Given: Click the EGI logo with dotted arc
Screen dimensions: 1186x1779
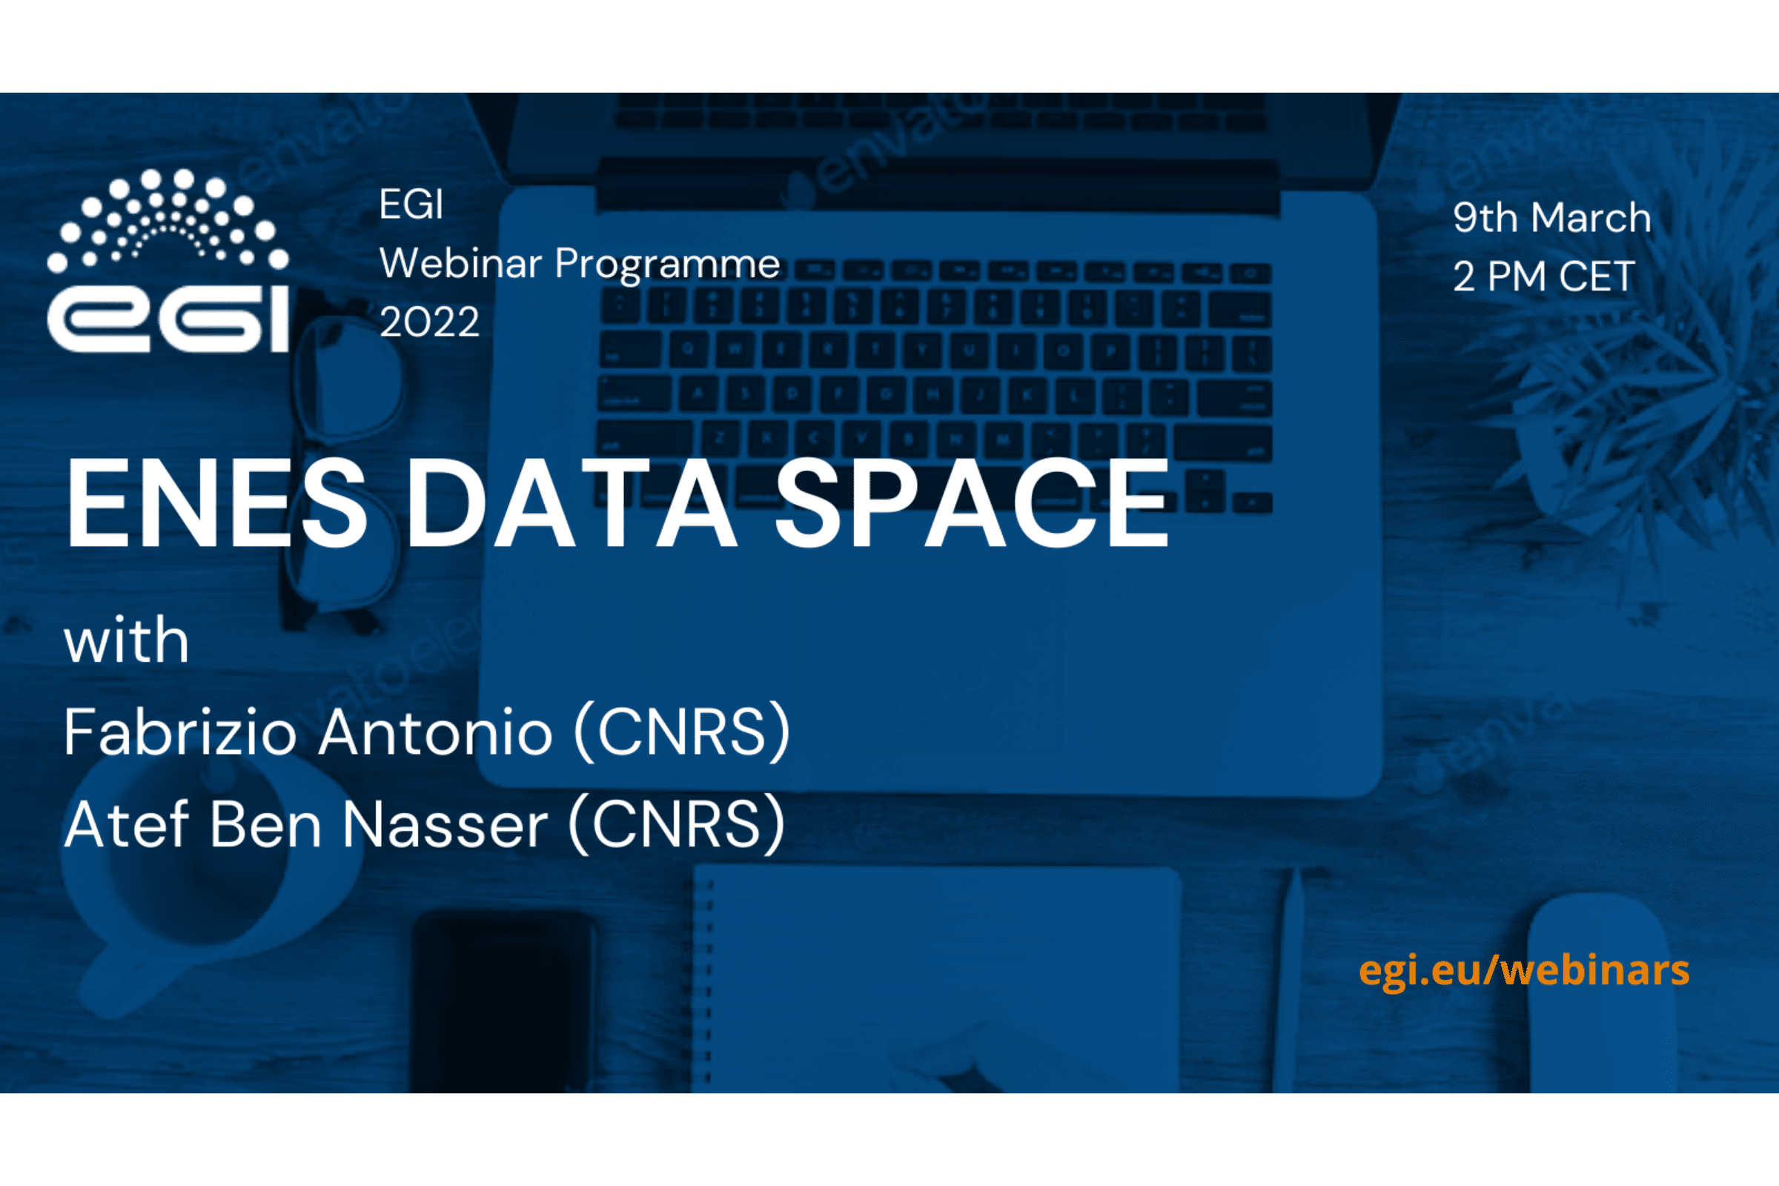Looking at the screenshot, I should pos(168,261).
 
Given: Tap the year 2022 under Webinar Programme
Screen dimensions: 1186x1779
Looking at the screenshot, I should pos(429,322).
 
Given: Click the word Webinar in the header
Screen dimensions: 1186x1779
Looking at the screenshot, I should pos(460,263).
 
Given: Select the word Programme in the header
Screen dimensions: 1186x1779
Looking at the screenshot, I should pos(666,265).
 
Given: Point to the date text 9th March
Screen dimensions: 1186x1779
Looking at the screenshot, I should pos(1551,218).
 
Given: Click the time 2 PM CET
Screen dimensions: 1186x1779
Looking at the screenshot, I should pos(1543,276).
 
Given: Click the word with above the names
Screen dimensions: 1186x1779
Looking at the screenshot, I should pos(126,641).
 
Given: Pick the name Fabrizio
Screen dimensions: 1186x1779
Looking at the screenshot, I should pos(180,732).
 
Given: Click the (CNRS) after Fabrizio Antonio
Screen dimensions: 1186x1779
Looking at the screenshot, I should pos(682,732).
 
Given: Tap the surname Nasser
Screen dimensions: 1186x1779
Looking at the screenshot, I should pos(445,824).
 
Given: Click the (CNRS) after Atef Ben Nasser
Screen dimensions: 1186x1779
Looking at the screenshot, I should pos(677,824).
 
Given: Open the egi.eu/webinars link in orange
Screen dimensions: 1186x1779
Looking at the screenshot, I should pos(1523,970).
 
